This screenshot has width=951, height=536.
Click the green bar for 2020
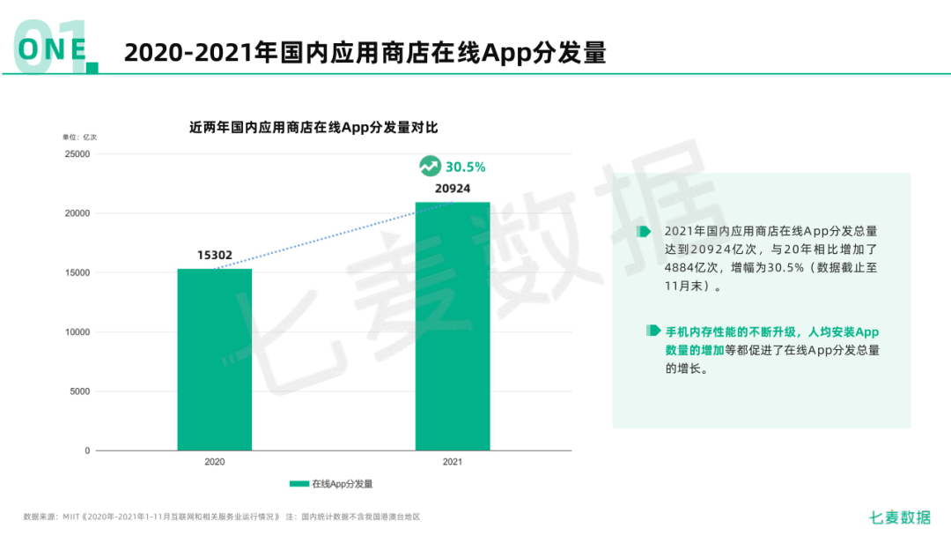[x=215, y=360]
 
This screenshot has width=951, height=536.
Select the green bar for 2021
[x=453, y=326]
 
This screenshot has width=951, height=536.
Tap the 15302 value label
[x=215, y=256]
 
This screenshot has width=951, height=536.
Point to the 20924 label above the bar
[x=453, y=189]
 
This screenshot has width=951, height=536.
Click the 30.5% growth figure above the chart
[x=465, y=167]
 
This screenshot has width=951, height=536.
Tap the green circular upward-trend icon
[x=429, y=166]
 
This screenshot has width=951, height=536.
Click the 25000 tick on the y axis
[x=77, y=154]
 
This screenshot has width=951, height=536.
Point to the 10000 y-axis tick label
[x=77, y=332]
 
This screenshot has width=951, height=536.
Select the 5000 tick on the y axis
[x=80, y=391]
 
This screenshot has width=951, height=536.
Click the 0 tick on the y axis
[x=87, y=450]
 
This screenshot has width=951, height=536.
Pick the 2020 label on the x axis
[x=215, y=462]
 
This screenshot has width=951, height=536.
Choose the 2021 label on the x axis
[x=453, y=462]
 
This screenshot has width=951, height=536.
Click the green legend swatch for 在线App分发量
[x=299, y=484]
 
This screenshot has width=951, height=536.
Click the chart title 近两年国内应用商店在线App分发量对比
[x=313, y=127]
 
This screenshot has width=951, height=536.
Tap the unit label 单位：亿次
[x=79, y=138]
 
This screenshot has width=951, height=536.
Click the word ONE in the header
[x=53, y=48]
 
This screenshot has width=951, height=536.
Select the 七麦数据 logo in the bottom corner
[x=899, y=517]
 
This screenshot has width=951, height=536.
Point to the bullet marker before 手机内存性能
[x=653, y=331]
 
